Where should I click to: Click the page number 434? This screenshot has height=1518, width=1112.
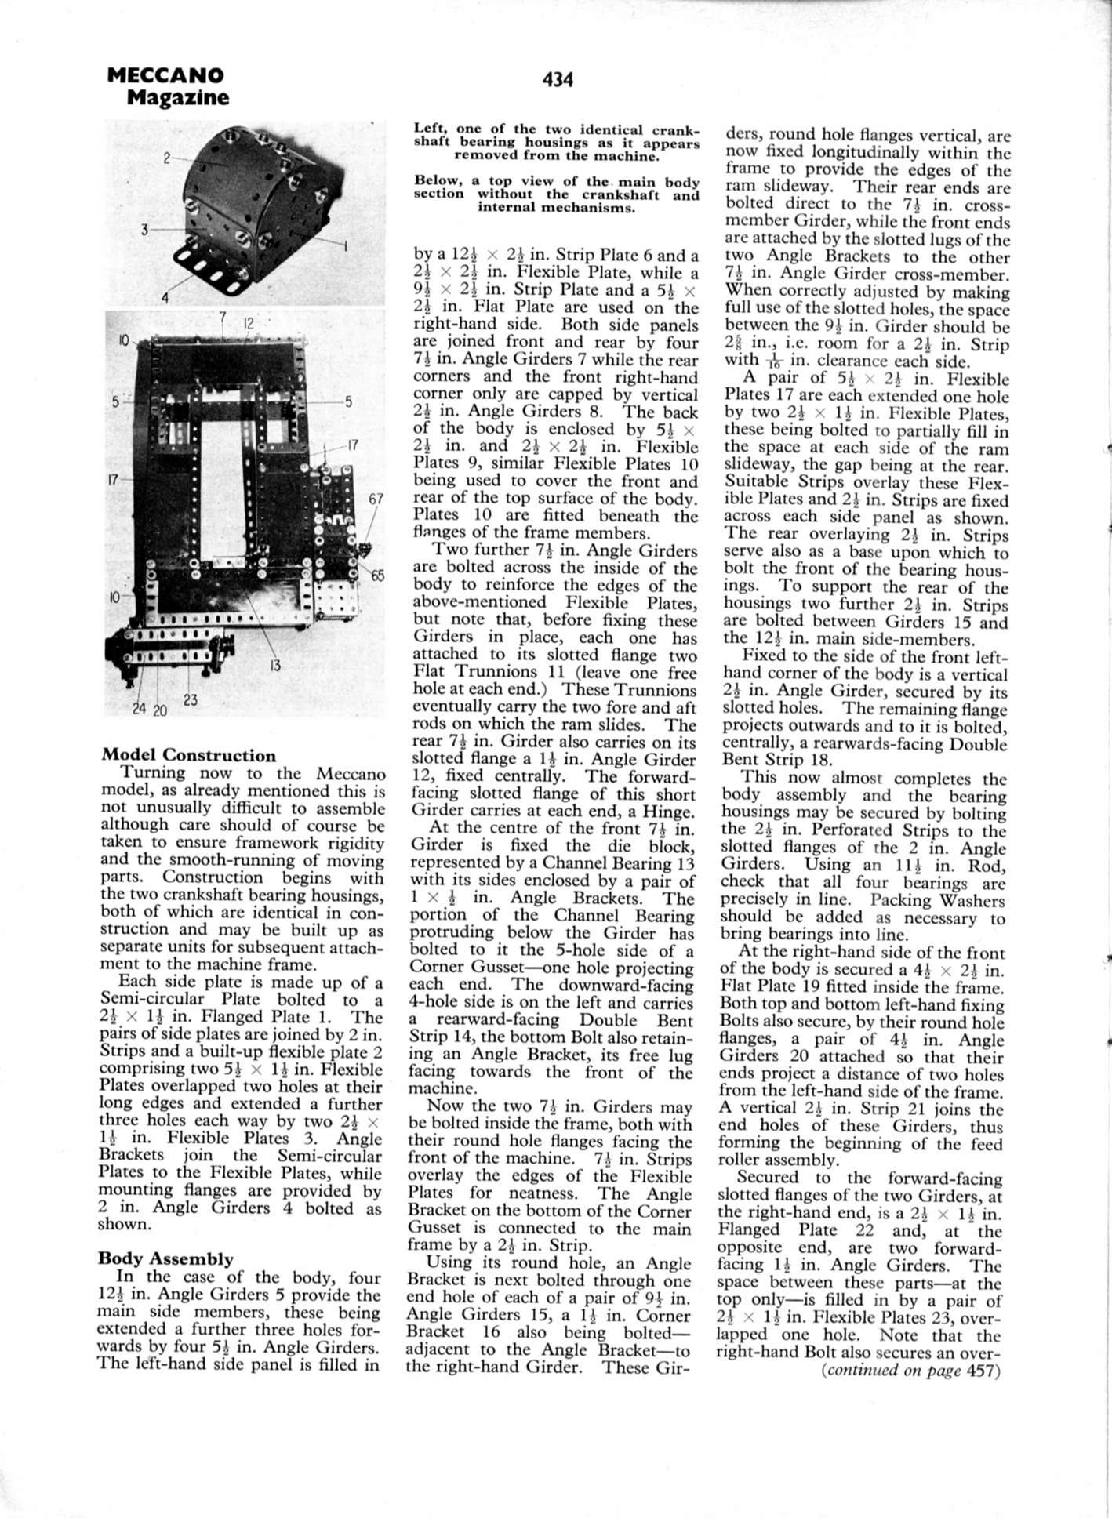(x=557, y=80)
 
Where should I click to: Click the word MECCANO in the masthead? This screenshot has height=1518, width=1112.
(x=165, y=75)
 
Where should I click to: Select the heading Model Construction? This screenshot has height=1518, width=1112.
(x=189, y=756)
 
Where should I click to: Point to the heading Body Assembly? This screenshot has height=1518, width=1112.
(x=165, y=1258)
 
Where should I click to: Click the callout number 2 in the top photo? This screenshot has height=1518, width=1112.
(x=167, y=158)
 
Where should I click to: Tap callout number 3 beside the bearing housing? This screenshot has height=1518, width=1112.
(x=145, y=229)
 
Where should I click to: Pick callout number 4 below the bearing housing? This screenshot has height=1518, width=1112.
(x=165, y=297)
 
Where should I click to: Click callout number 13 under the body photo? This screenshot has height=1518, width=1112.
(x=274, y=666)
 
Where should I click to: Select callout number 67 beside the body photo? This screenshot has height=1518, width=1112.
(x=376, y=499)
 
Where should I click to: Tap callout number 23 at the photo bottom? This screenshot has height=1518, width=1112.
(x=191, y=700)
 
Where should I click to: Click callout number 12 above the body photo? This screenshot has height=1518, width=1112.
(x=249, y=322)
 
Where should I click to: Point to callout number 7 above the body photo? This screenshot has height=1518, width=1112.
(x=223, y=317)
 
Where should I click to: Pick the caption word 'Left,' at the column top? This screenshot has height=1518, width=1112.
(x=431, y=129)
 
